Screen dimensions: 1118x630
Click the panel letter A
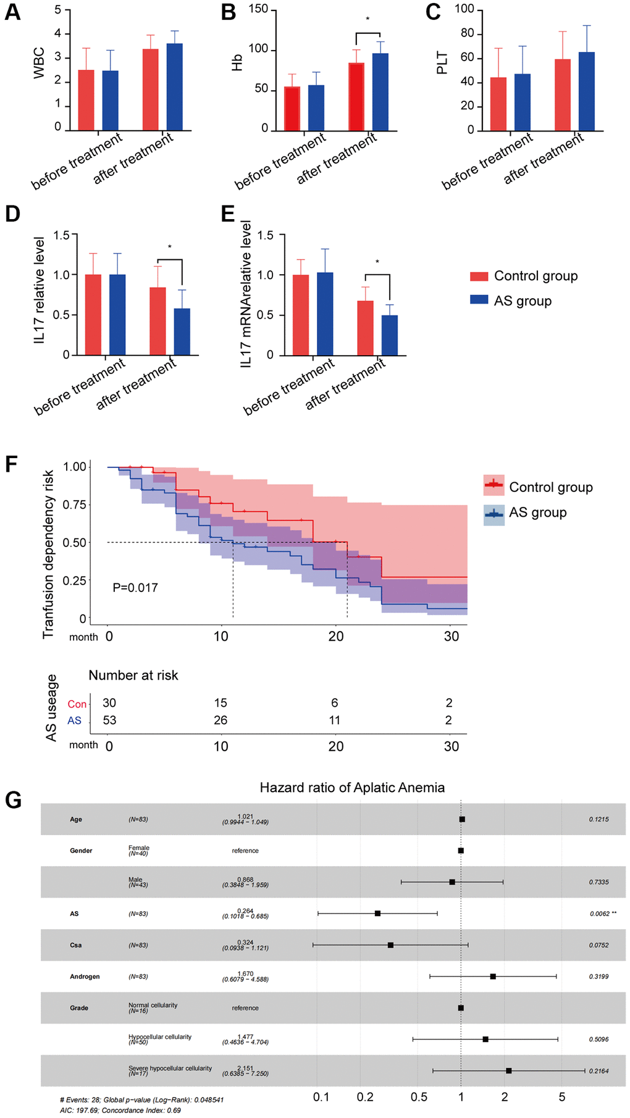(12, 12)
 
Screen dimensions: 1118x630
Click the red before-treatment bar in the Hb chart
(292, 109)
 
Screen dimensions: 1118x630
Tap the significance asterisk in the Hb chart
(367, 20)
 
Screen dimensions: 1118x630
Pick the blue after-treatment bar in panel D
(182, 332)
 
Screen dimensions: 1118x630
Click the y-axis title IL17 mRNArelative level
(246, 294)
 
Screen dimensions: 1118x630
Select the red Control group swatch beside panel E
(479, 276)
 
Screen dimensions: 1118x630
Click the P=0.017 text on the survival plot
(135, 588)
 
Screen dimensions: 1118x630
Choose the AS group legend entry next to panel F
(537, 513)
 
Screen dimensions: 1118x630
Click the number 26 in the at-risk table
(220, 720)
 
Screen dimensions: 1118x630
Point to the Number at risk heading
(133, 675)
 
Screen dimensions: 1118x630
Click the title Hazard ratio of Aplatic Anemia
(352, 788)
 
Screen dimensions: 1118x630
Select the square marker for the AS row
(377, 913)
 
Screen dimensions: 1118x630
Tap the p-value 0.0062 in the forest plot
(599, 914)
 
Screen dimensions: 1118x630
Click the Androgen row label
(85, 977)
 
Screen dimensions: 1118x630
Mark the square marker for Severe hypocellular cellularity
(508, 1070)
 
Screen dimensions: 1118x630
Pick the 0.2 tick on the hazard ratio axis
(365, 1097)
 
